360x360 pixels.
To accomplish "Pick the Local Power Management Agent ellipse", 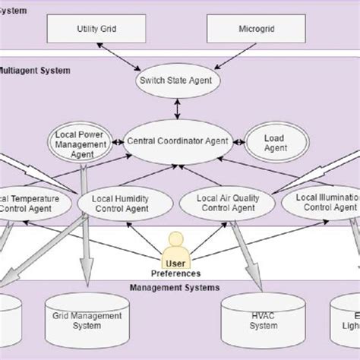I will (x=81, y=144).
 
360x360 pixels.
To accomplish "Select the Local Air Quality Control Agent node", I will (x=229, y=203).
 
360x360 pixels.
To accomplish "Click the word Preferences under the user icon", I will (x=175, y=273).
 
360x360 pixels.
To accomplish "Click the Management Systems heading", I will (x=175, y=288).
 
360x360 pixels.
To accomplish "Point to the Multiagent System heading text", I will (x=34, y=71).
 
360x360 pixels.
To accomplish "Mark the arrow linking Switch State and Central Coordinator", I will (x=178, y=108).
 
